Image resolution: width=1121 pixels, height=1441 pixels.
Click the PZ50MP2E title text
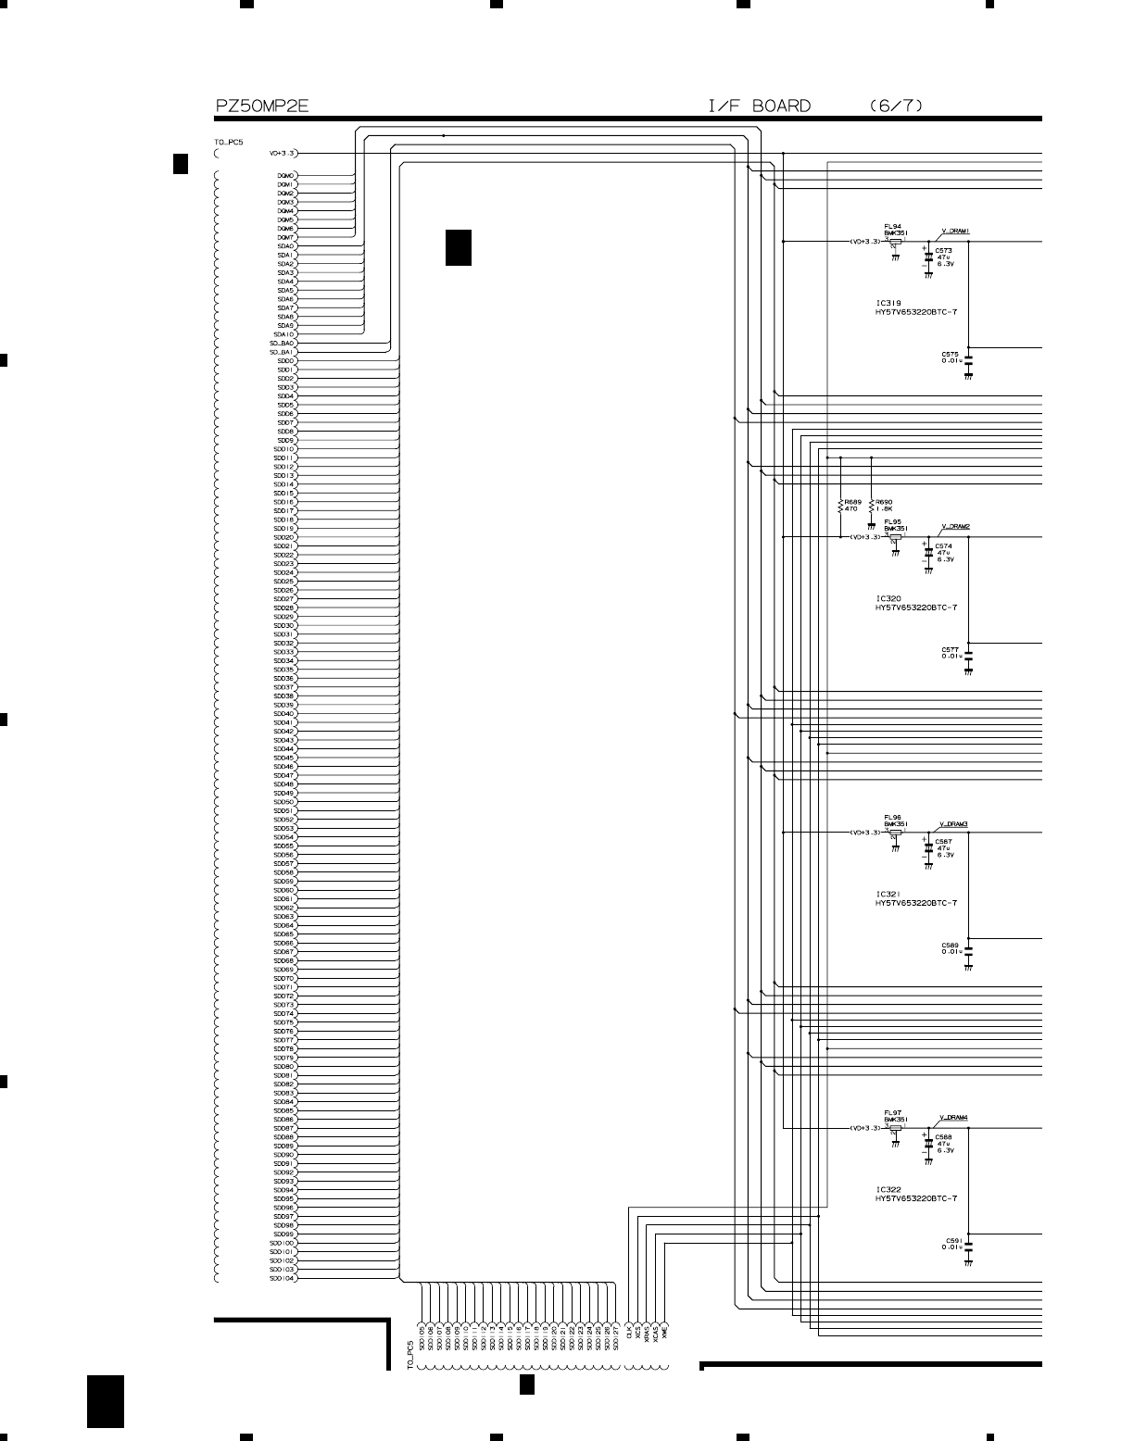[x=261, y=107]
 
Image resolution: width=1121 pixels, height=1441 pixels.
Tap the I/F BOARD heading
[x=760, y=107]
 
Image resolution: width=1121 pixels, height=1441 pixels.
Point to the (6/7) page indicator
[x=896, y=107]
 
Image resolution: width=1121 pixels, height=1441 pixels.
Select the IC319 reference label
[x=888, y=303]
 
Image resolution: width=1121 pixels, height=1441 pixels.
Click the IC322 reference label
[x=888, y=1189]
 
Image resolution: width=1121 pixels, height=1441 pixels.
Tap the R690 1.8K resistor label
[x=883, y=506]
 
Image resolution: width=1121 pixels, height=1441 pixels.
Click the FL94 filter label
[x=892, y=226]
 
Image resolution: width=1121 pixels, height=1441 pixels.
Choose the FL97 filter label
[x=892, y=1113]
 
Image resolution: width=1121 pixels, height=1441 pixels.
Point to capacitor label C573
[x=943, y=250]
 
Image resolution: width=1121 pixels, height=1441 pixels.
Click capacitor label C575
[x=950, y=354]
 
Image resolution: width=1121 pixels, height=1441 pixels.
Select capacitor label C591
[x=953, y=1240]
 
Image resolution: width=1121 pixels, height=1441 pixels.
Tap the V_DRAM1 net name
[x=955, y=231]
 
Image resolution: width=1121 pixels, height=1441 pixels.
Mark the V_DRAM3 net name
[x=954, y=823]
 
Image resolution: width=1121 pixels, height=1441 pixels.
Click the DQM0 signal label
[x=285, y=175]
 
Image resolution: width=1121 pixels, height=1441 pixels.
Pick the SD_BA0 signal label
[x=282, y=344]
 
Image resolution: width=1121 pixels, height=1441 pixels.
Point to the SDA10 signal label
[x=283, y=334]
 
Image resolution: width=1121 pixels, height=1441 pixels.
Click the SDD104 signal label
[x=283, y=1279]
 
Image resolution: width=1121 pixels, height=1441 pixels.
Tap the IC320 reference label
[x=888, y=599]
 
